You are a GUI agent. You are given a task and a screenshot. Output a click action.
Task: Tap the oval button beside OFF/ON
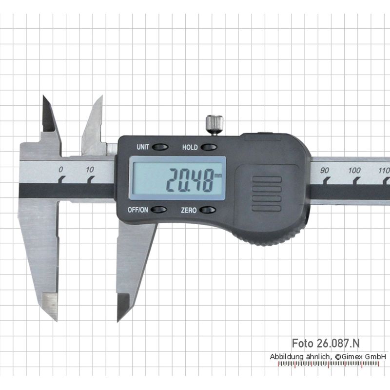point(159,210)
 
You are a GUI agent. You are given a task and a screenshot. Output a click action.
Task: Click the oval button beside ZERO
point(208,210)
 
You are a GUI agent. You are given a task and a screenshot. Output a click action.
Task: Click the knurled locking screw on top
point(214,125)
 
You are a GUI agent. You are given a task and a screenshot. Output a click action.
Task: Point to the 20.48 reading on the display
point(190,179)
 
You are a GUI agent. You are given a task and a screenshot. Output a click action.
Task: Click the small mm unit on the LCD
point(218,175)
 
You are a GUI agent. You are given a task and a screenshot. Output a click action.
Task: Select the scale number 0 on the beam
point(60,170)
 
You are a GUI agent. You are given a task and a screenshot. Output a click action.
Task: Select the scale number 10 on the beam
point(90,170)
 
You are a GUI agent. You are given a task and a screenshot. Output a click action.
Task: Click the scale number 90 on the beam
point(324,170)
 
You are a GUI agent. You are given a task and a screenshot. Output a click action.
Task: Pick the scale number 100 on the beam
point(354,171)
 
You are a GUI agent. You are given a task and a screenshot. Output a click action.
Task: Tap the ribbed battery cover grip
point(267,194)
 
